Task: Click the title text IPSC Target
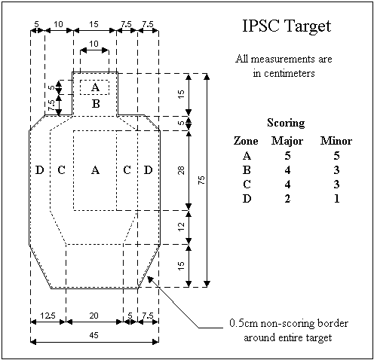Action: [287, 26]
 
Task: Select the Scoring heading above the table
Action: [286, 123]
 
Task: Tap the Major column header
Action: [287, 141]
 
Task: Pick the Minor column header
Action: [336, 141]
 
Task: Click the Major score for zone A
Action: [287, 156]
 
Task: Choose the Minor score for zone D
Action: [337, 199]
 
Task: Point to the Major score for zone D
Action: [287, 199]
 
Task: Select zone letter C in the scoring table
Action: [247, 185]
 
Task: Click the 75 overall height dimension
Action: [201, 180]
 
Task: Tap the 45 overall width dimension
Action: [93, 335]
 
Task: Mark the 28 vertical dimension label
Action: [181, 170]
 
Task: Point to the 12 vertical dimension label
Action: [181, 227]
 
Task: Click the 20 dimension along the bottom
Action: [93, 316]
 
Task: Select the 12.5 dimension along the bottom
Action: [48, 316]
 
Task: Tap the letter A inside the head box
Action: [95, 87]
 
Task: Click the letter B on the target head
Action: [96, 103]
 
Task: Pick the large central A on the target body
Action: [95, 170]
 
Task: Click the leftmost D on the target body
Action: [39, 170]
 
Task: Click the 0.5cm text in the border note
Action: [244, 323]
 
